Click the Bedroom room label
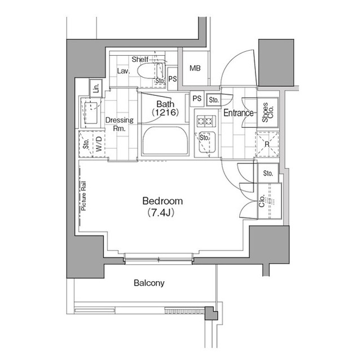(162, 201)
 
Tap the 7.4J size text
(162, 213)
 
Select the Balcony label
(149, 283)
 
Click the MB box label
(195, 69)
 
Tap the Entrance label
(239, 113)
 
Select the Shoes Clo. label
(266, 112)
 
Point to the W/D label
(98, 144)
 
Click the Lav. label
(124, 72)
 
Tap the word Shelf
(140, 60)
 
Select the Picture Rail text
(83, 195)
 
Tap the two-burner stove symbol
(204, 121)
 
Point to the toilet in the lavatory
(149, 73)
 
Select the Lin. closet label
(96, 88)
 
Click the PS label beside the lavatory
(173, 79)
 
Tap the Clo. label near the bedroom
(263, 201)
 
